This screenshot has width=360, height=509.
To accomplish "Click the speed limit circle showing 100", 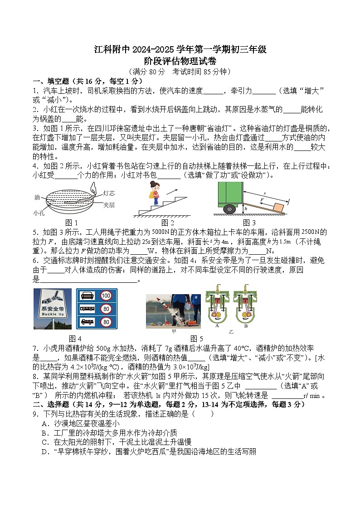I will tap(106, 296).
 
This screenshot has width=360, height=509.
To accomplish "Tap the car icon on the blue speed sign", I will tap(87, 296).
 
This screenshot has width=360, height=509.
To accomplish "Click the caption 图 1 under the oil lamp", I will tap(72, 223).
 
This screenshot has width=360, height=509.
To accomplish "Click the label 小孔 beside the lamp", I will tap(38, 212).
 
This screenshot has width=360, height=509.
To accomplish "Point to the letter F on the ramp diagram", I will tap(262, 199).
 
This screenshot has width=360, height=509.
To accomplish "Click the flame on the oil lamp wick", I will tap(93, 187).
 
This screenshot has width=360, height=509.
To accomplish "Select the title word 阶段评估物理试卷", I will tap(180, 61).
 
